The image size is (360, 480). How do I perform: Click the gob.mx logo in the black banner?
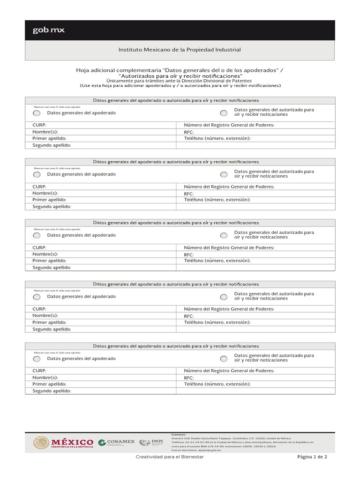pyautogui.click(x=48, y=30)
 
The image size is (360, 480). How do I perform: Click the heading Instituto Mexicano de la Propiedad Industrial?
pyautogui.click(x=180, y=50)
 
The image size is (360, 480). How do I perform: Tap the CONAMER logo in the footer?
pyautogui.click(x=116, y=442)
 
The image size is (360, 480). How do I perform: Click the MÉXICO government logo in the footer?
pyautogui.click(x=63, y=442)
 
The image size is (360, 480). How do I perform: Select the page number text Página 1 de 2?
pyautogui.click(x=312, y=457)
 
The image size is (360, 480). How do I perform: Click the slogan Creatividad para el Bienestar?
pyautogui.click(x=170, y=457)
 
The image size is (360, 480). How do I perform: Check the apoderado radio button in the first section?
pyautogui.click(x=37, y=113)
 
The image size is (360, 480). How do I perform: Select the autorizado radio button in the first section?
pyautogui.click(x=224, y=113)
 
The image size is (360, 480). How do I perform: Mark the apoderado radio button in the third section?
pyautogui.click(x=37, y=235)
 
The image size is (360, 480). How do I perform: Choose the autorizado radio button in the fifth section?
pyautogui.click(x=224, y=359)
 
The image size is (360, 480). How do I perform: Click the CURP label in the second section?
pyautogui.click(x=39, y=187)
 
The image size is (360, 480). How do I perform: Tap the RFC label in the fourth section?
pyautogui.click(x=189, y=316)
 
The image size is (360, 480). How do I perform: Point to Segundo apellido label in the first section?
pyautogui.click(x=52, y=146)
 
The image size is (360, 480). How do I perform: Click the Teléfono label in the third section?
pyautogui.click(x=217, y=261)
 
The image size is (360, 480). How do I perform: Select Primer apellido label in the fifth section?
pyautogui.click(x=49, y=384)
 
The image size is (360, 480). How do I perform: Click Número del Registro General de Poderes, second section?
pyautogui.click(x=229, y=187)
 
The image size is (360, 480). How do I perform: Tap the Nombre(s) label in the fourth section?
pyautogui.click(x=45, y=316)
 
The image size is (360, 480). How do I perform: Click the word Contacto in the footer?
pyautogui.click(x=179, y=435)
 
